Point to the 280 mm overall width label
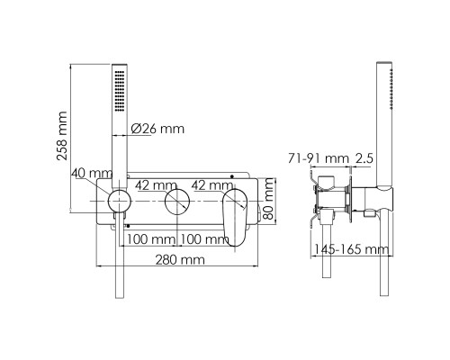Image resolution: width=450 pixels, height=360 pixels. [x=178, y=259]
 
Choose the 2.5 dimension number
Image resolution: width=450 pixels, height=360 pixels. [x=364, y=157]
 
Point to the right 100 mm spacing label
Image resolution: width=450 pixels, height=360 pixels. [x=202, y=239]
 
